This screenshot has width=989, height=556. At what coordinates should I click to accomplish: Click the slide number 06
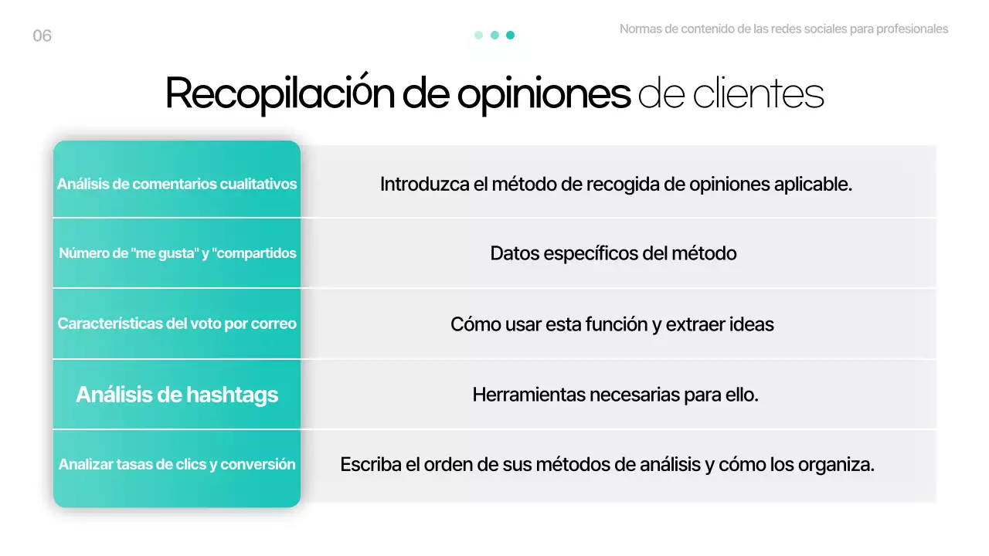[x=42, y=36]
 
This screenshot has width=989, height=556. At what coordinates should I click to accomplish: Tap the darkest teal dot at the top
[x=510, y=35]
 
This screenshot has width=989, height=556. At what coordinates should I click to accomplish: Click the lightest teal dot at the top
[x=478, y=35]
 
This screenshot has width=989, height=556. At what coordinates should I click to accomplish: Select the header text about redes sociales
[x=783, y=29]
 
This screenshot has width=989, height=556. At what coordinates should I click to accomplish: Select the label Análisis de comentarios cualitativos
[x=177, y=185]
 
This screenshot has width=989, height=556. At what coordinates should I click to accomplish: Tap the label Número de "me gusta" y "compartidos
[x=177, y=253]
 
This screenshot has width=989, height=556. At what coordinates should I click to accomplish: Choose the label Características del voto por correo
[x=177, y=324]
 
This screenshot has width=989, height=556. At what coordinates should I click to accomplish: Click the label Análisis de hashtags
[x=177, y=395]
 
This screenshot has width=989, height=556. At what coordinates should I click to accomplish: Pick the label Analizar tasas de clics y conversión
[x=177, y=464]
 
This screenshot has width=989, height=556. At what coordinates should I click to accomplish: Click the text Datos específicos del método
[x=613, y=253]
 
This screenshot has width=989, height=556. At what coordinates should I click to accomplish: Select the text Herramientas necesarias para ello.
[x=615, y=395]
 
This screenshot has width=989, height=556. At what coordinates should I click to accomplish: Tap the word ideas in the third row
[x=753, y=324]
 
